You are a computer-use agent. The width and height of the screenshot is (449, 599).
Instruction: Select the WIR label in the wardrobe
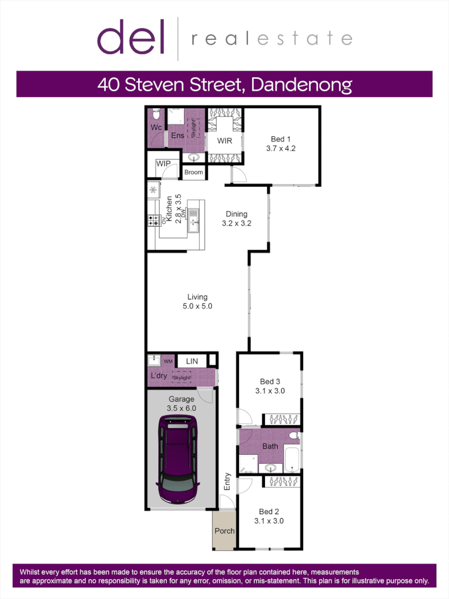tap(225, 140)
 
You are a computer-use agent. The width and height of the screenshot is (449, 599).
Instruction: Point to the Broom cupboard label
tap(193, 172)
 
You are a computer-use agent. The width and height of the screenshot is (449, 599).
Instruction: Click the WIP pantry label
tap(164, 164)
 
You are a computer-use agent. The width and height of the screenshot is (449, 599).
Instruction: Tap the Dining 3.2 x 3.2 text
tap(236, 219)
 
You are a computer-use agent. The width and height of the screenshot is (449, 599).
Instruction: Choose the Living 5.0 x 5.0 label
tap(197, 301)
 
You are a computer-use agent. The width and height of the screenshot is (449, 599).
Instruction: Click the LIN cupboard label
tap(192, 362)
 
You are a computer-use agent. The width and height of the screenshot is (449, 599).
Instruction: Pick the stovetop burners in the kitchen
tap(154, 220)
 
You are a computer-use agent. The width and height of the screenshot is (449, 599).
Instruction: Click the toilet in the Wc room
tap(156, 115)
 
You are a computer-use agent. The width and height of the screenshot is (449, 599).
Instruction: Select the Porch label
tap(225, 531)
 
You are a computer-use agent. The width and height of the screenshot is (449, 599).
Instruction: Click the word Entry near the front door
tap(227, 481)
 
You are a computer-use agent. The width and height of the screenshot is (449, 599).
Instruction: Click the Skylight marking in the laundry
tap(182, 378)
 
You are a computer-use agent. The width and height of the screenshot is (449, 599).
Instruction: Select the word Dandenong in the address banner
tap(302, 84)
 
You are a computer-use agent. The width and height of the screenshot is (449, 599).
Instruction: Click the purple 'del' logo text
tap(131, 37)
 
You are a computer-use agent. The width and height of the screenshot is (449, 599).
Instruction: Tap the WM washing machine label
tap(168, 362)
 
